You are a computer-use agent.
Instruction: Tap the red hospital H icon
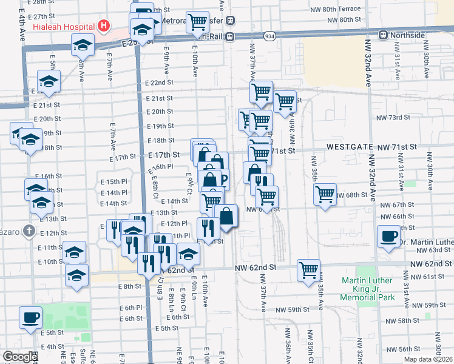(x=104, y=27)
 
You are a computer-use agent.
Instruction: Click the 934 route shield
(x=269, y=37)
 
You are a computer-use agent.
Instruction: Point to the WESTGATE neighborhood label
(x=350, y=147)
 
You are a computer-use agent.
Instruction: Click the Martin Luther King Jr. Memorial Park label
(x=368, y=289)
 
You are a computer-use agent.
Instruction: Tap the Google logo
(x=20, y=357)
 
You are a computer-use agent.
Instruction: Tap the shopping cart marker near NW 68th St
(x=325, y=194)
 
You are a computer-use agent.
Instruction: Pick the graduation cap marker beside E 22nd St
(x=48, y=81)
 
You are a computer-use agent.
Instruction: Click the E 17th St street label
(x=165, y=156)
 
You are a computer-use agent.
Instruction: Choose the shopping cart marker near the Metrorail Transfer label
(x=197, y=22)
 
